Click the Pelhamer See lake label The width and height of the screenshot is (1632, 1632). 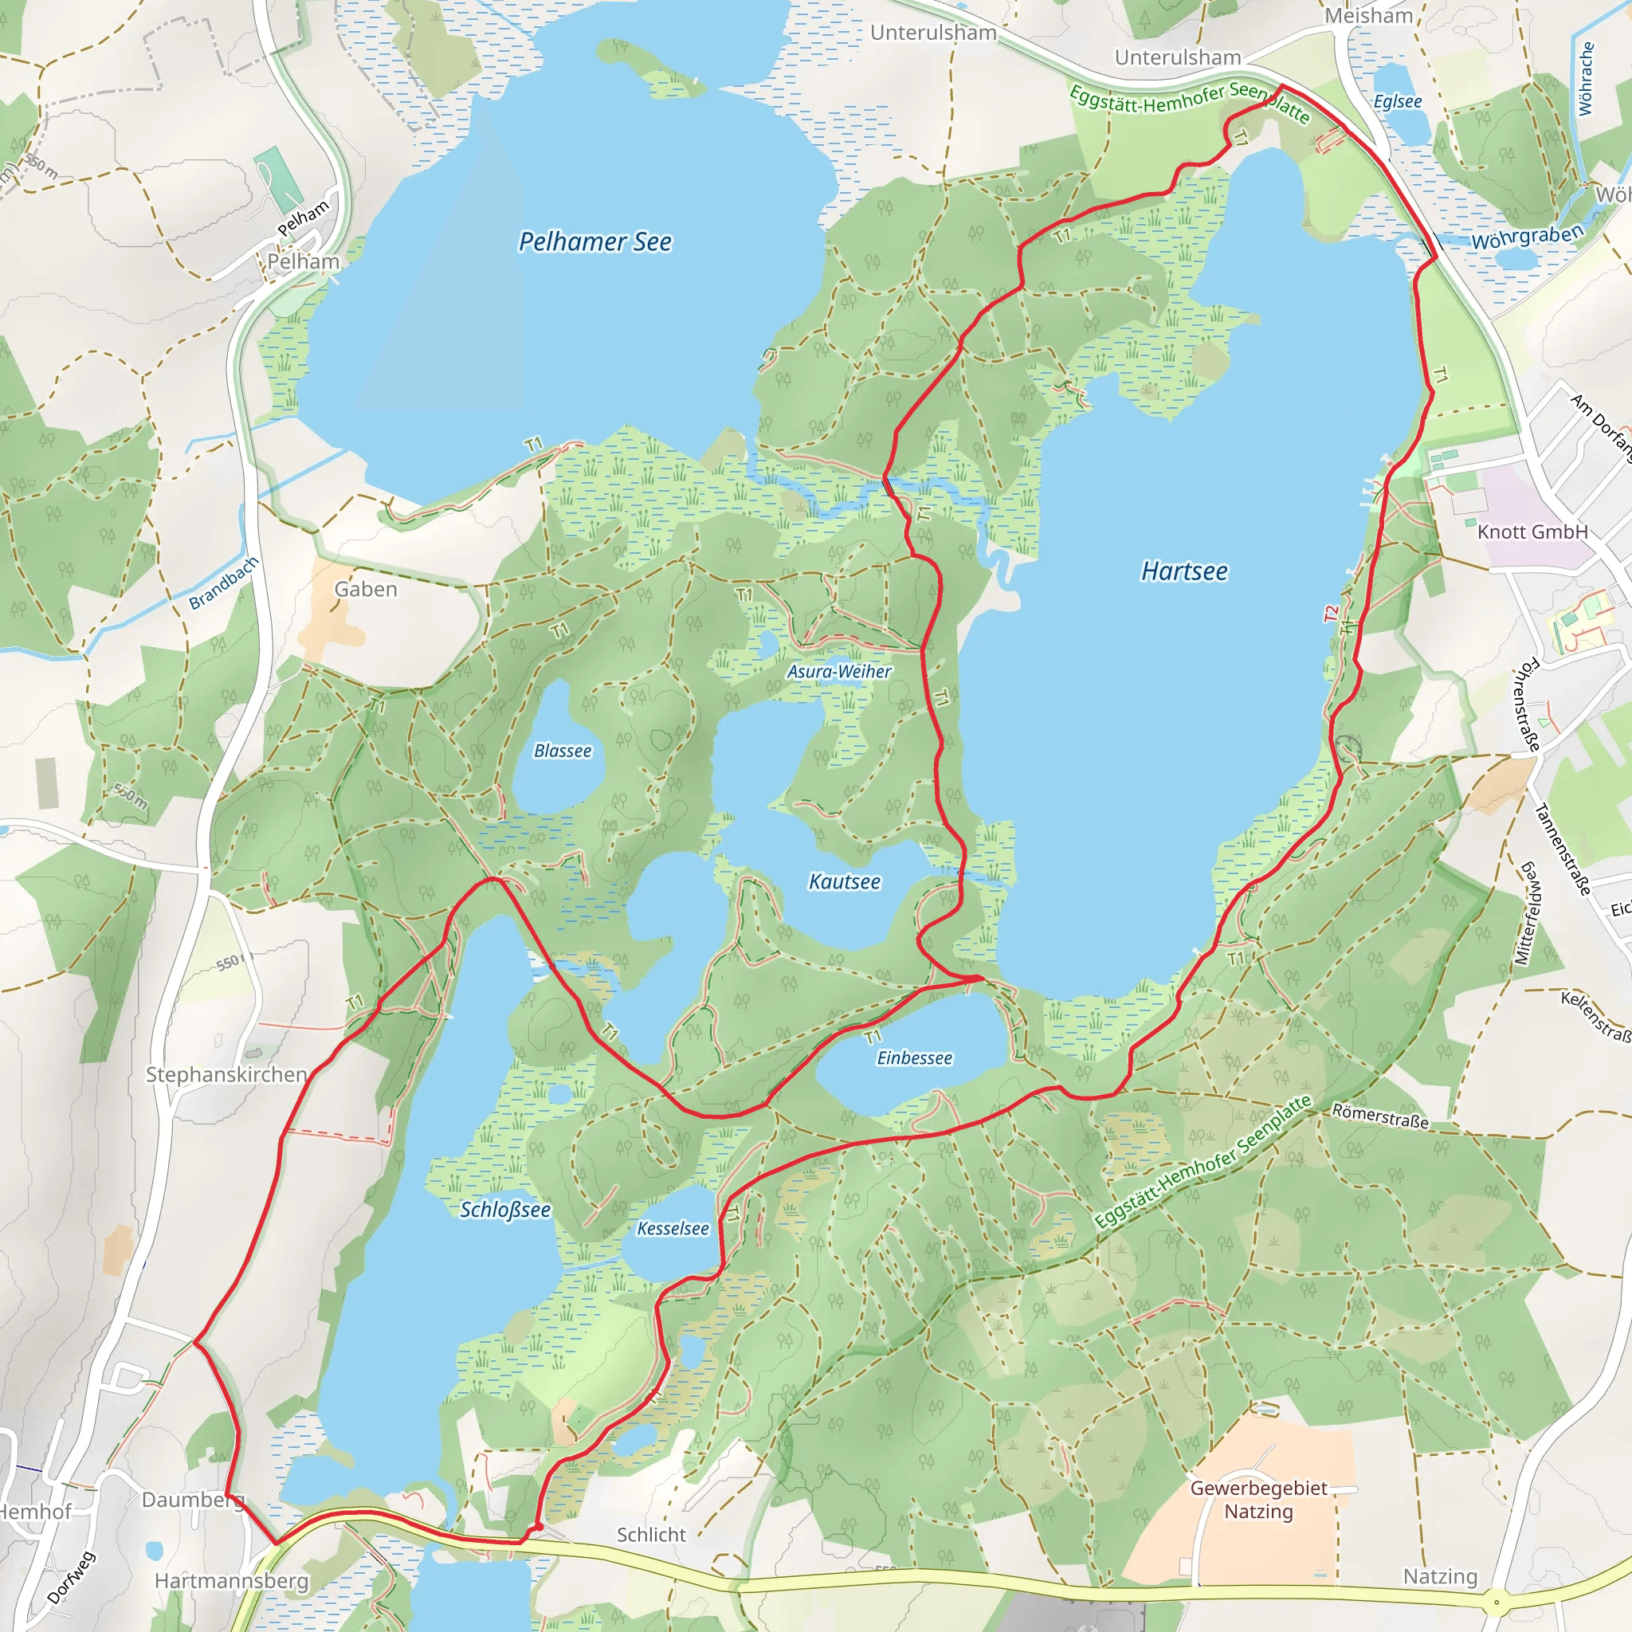click(594, 242)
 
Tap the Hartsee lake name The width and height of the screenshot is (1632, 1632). click(1184, 572)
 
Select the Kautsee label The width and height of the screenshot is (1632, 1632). click(844, 882)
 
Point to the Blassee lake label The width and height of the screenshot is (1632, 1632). click(563, 751)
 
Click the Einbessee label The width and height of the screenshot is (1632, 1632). click(914, 1058)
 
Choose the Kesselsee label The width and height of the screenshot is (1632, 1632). click(673, 1229)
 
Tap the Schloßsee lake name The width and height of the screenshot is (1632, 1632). click(505, 1210)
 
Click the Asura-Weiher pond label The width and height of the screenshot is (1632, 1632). click(839, 672)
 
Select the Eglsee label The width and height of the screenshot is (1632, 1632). click(1397, 102)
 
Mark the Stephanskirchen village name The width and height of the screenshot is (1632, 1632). click(226, 1074)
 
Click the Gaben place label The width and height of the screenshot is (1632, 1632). click(365, 590)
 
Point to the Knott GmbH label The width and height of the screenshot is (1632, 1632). click(1532, 532)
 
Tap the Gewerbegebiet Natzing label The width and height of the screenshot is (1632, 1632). click(1258, 1500)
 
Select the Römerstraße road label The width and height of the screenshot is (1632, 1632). click(1380, 1116)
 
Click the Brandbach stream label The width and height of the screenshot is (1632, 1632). click(223, 583)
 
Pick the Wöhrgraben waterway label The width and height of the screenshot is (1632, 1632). click(1528, 237)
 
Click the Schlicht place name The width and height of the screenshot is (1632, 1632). click(650, 1535)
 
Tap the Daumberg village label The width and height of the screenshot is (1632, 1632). click(193, 1501)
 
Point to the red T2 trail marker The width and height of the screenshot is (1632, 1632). click(1332, 614)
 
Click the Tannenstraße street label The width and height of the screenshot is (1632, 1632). click(1562, 849)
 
